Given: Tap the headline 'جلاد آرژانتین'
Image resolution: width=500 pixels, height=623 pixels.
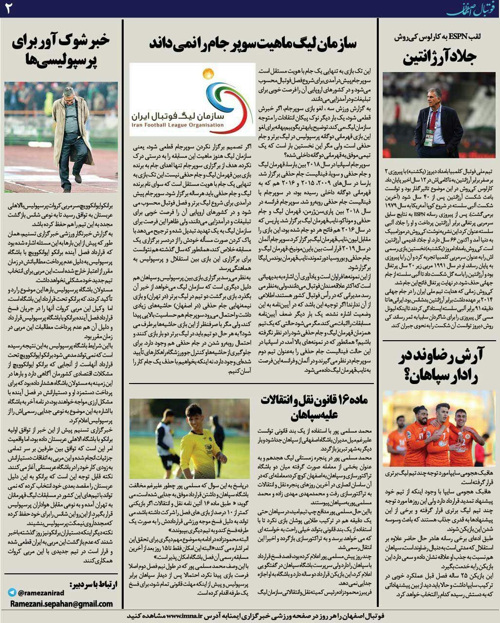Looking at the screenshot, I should click(439, 57).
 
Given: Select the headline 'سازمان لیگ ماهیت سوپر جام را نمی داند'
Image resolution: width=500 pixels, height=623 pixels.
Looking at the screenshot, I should click(253, 43).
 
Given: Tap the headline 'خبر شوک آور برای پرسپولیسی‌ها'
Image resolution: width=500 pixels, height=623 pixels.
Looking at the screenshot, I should click(61, 52).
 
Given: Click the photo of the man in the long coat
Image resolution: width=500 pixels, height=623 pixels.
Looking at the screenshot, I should click(61, 137).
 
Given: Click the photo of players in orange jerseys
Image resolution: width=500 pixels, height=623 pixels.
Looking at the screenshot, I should click(438, 428).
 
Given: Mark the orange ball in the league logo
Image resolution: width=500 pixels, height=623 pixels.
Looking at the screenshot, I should click(208, 74).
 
